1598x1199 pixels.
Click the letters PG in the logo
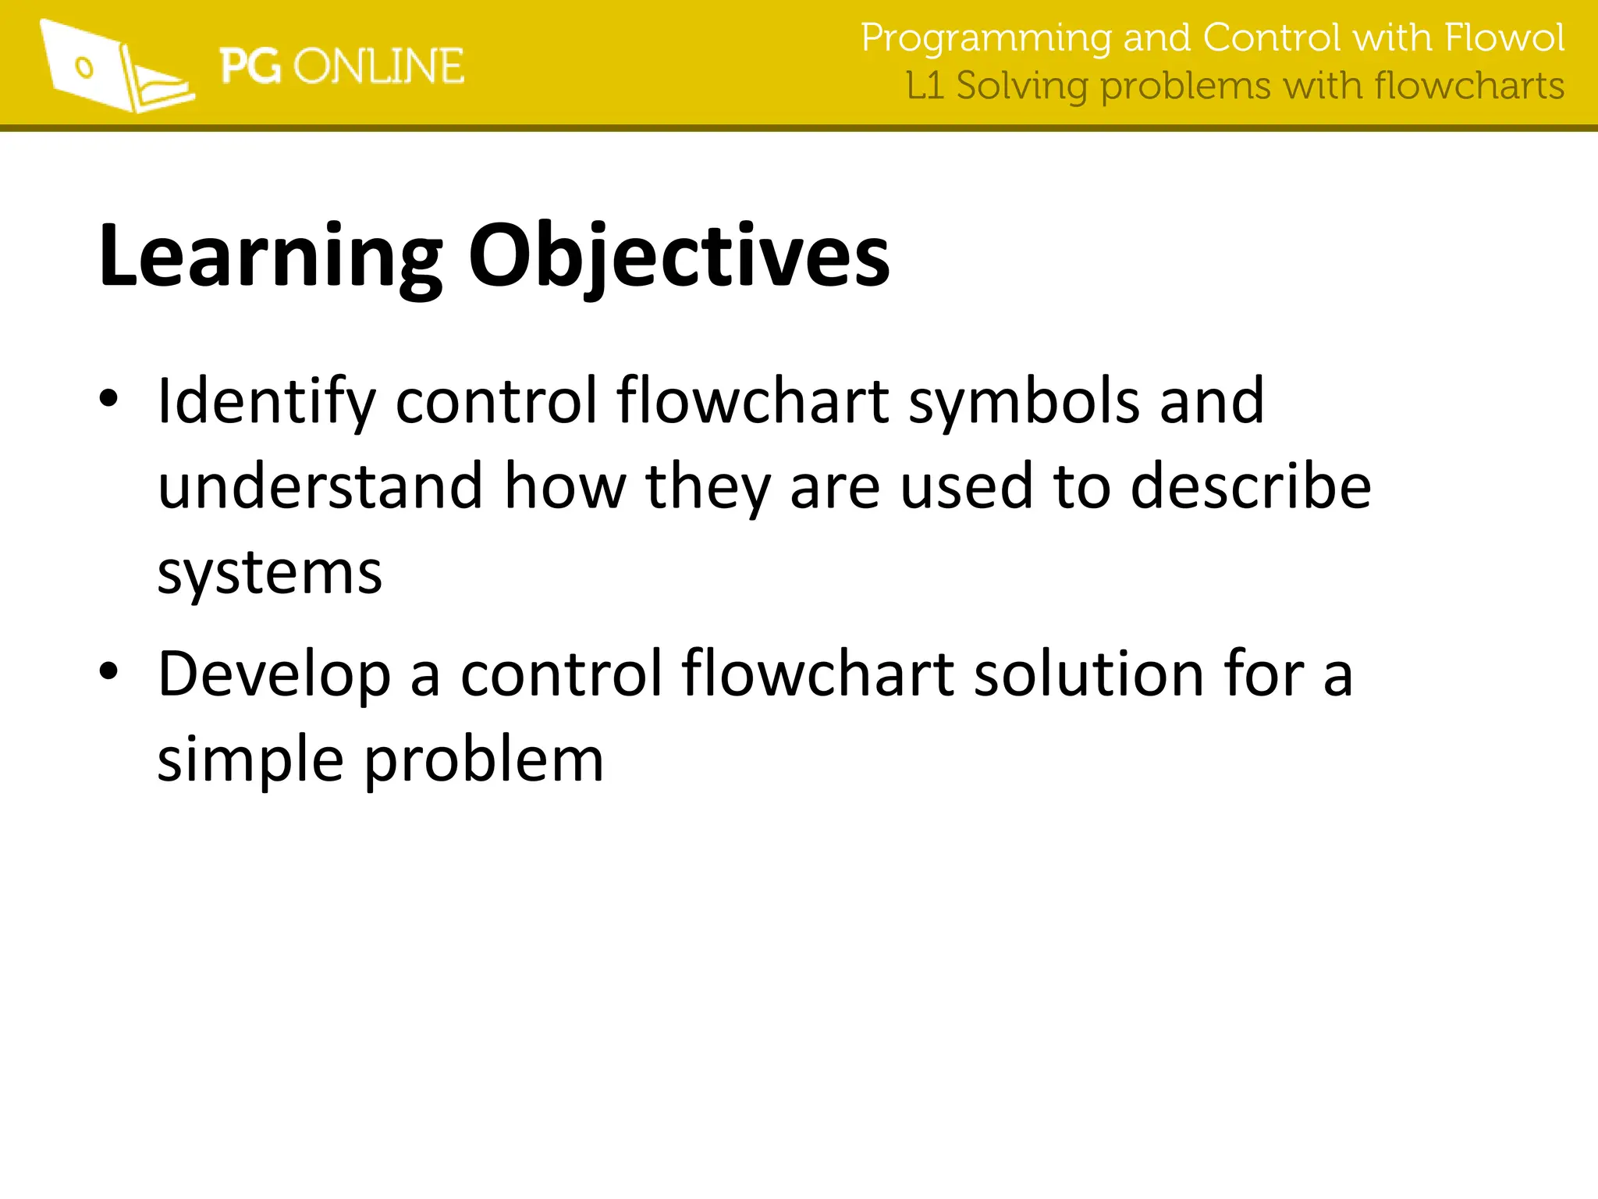[250, 66]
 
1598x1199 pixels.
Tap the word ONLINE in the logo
[379, 66]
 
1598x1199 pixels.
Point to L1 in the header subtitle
[925, 86]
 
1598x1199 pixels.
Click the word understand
[321, 486]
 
